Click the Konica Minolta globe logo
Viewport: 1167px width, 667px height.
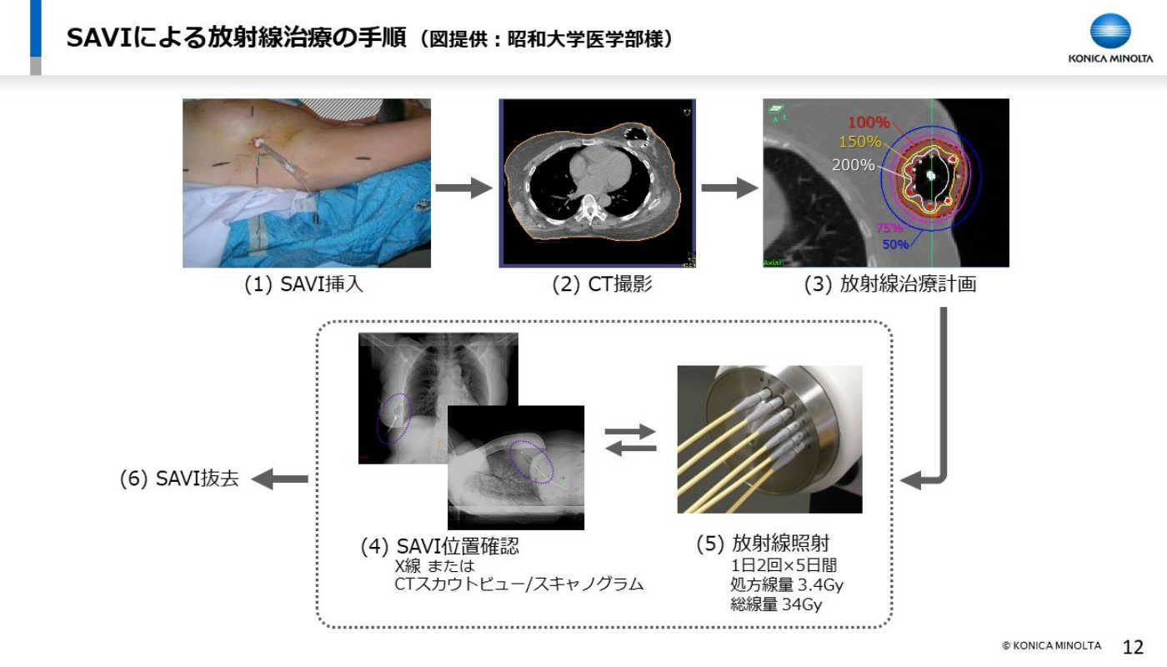[1110, 31]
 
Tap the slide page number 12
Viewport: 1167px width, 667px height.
[1133, 647]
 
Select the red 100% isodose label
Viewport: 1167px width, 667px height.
[869, 123]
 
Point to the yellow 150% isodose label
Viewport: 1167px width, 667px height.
[859, 142]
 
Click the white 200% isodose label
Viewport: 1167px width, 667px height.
[854, 165]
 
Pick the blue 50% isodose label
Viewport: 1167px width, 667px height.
[895, 244]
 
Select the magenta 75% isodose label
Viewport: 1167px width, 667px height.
[889, 228]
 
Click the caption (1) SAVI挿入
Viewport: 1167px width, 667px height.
[303, 284]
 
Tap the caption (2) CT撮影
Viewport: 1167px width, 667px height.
[602, 284]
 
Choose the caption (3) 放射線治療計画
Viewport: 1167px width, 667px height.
[890, 284]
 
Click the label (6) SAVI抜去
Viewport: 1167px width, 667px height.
[179, 479]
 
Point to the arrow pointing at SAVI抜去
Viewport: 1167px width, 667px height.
[280, 479]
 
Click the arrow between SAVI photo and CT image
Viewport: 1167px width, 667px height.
[463, 188]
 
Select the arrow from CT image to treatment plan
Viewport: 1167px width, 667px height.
[729, 188]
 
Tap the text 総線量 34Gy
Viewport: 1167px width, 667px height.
[776, 604]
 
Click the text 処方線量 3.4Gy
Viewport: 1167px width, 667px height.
[786, 584]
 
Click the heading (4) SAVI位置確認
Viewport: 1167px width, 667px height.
[440, 546]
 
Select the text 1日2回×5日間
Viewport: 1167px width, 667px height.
[784, 565]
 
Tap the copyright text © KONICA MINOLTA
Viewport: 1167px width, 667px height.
[1052, 645]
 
